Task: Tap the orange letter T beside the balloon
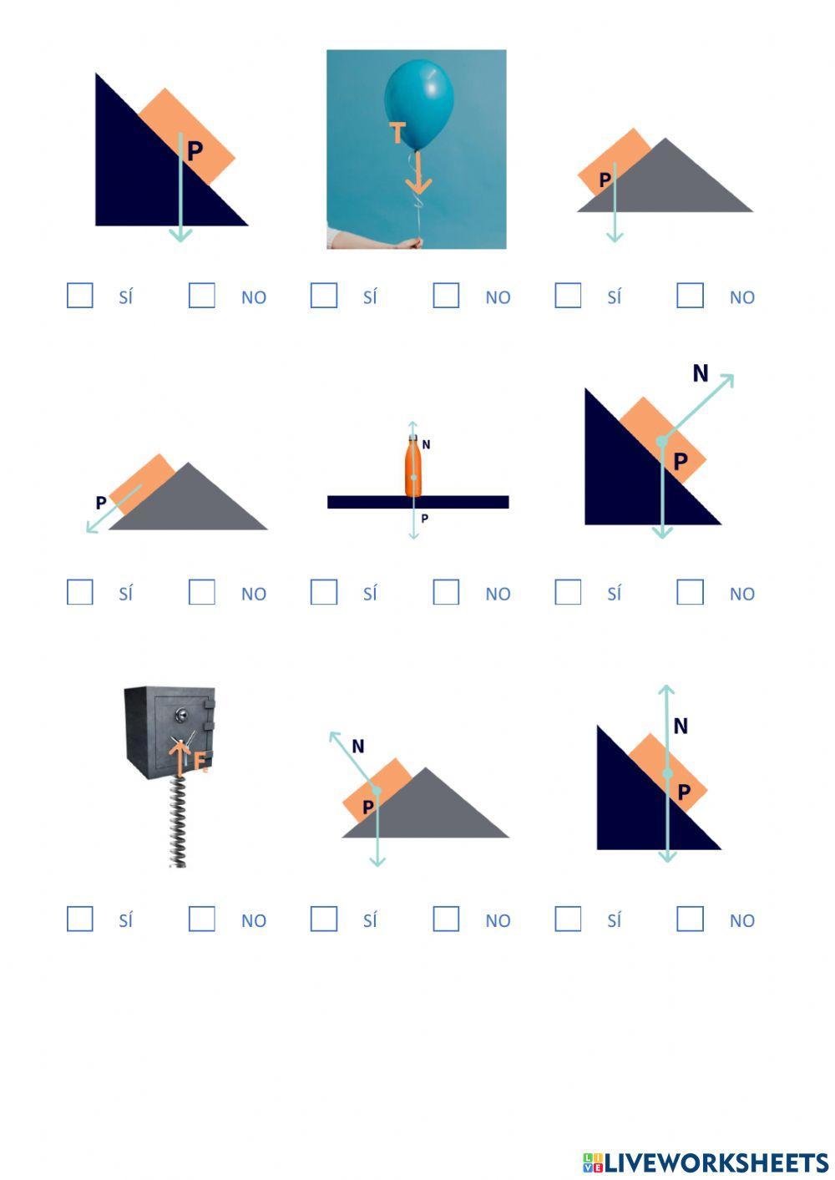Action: pyautogui.click(x=397, y=132)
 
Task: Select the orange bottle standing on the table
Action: pyautogui.click(x=413, y=466)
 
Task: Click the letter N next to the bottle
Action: pyautogui.click(x=426, y=444)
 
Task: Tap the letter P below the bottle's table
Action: pyautogui.click(x=425, y=519)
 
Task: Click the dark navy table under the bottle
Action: pyautogui.click(x=417, y=502)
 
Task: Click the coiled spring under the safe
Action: pyautogui.click(x=178, y=822)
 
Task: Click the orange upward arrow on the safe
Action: pyautogui.click(x=180, y=757)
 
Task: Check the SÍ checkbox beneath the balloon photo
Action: pyautogui.click(x=324, y=295)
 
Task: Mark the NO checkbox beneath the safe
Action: pyautogui.click(x=202, y=919)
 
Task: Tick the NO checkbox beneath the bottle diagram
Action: pyautogui.click(x=446, y=592)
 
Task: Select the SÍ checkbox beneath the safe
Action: pyautogui.click(x=80, y=919)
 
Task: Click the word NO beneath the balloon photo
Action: pyautogui.click(x=498, y=297)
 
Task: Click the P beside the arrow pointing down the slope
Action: pyautogui.click(x=101, y=503)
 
